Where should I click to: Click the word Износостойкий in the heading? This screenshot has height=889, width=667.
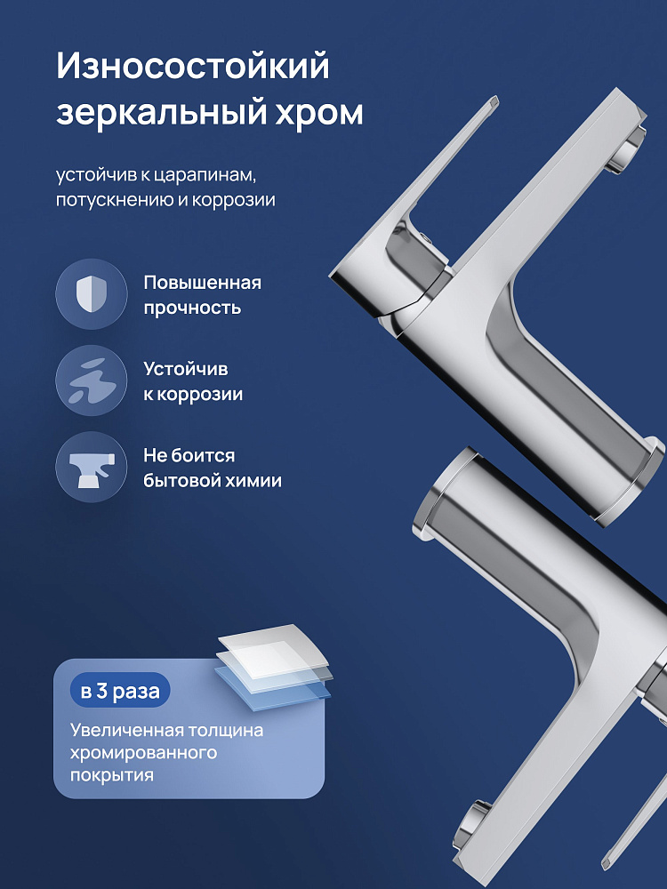tap(193, 67)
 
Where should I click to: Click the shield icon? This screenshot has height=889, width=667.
tap(92, 294)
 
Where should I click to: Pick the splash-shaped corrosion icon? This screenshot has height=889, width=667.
tap(92, 380)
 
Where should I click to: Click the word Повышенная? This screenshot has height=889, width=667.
tap(203, 283)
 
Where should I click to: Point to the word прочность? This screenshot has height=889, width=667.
tap(192, 308)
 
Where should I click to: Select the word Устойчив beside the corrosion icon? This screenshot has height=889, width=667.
tap(186, 369)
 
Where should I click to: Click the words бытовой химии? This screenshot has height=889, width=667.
tap(213, 481)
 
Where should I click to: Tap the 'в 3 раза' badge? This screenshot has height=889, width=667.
tap(120, 691)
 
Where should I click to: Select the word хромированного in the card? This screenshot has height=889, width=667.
tap(143, 752)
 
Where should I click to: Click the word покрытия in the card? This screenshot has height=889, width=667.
tap(112, 775)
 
